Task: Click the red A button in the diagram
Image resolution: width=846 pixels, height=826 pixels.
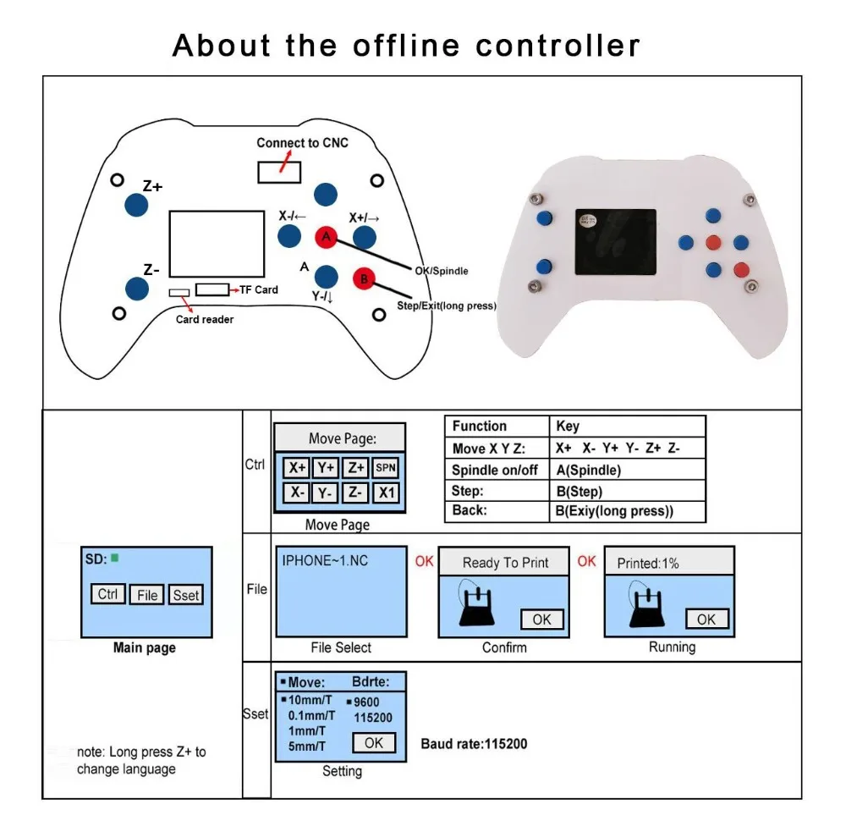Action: tap(327, 238)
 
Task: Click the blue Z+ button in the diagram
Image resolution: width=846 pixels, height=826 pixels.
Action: tap(135, 203)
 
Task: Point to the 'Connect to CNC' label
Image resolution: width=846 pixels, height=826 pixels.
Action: tap(302, 142)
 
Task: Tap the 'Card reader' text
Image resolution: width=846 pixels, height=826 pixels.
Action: tap(205, 319)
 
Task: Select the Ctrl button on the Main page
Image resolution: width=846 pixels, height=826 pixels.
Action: tap(107, 594)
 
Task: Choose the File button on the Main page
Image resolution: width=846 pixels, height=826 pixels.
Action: tap(147, 595)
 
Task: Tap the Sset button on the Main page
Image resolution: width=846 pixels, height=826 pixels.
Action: tap(186, 595)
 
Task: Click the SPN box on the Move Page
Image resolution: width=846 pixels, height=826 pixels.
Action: tap(385, 467)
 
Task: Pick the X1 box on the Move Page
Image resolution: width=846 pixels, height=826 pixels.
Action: tap(385, 493)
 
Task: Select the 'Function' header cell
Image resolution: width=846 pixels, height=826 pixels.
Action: tap(480, 427)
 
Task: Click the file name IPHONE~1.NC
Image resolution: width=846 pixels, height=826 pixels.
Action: tap(324, 560)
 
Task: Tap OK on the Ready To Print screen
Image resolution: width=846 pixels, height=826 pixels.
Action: tap(541, 619)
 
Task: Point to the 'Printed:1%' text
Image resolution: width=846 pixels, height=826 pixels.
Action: tap(648, 563)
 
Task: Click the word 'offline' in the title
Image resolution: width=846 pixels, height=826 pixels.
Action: tap(406, 45)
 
